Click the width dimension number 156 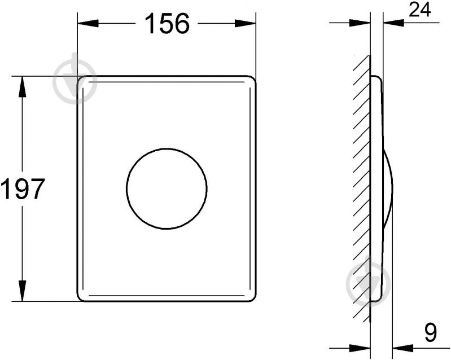pos(167,24)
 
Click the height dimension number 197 pos(23,189)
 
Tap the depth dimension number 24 pos(420,10)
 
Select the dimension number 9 pos(430,333)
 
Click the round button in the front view pos(167,188)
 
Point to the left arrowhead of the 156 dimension pos(88,24)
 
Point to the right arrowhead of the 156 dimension pos(246,24)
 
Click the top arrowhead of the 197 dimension pos(22,87)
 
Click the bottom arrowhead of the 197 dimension pos(22,291)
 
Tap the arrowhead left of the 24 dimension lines pos(360,23)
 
